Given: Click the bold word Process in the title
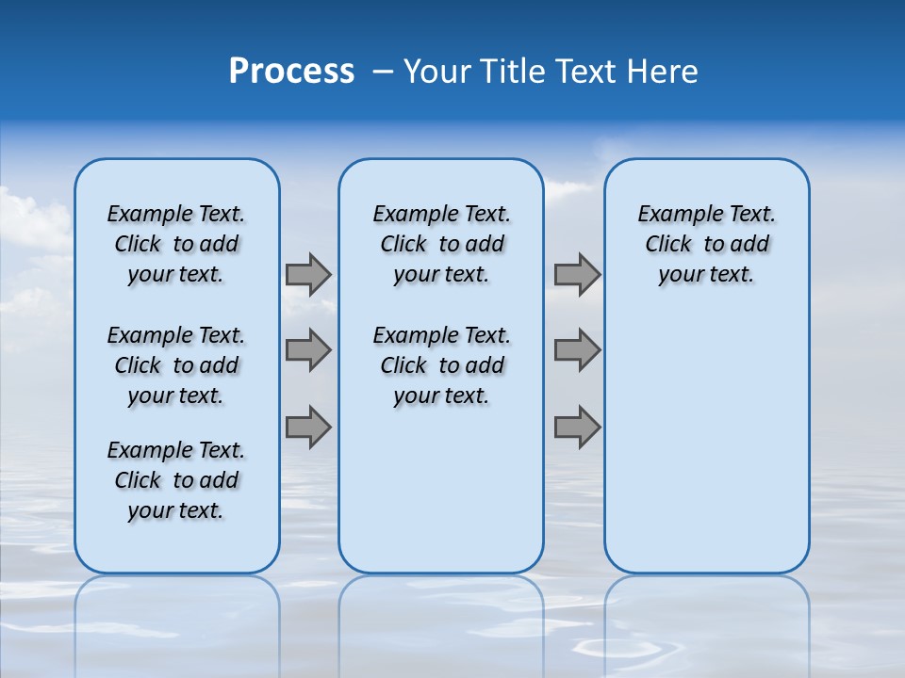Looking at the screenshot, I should (x=291, y=72).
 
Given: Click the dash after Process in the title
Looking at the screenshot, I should (x=383, y=73).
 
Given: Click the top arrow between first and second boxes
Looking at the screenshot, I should (x=308, y=275).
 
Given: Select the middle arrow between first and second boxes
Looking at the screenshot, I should (x=308, y=350).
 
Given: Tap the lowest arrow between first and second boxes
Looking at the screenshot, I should (x=308, y=427).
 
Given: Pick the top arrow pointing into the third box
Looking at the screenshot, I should (x=577, y=275).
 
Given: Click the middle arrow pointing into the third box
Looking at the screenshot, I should (x=577, y=350).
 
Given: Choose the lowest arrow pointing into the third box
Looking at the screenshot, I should (x=577, y=427).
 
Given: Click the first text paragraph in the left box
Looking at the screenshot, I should (x=176, y=244).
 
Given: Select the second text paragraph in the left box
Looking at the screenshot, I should (x=176, y=365).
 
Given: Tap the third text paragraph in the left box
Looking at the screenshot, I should (x=176, y=480).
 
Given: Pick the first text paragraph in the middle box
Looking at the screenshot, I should (x=441, y=244).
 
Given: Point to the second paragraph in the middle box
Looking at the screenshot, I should (x=441, y=365).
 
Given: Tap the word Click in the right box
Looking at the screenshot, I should (x=668, y=245).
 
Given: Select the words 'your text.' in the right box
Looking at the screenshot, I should (x=706, y=275).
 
